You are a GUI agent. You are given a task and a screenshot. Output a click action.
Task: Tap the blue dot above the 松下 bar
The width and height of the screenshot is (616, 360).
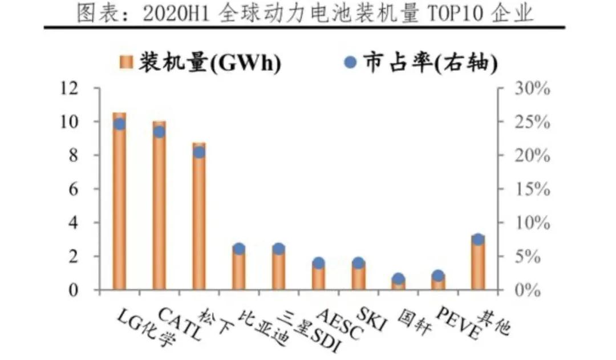coord(199,152)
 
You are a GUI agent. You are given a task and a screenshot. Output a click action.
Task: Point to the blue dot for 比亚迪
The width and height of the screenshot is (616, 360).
coord(239,249)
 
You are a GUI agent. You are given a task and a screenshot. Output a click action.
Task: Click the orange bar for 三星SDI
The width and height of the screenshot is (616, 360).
coord(279,271)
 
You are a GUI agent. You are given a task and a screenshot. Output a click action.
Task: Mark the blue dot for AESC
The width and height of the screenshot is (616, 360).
coord(318,263)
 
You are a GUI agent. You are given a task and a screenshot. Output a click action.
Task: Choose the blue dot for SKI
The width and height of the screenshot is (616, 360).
coord(358,263)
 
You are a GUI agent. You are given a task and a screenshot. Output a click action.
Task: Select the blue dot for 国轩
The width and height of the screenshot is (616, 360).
coord(398,279)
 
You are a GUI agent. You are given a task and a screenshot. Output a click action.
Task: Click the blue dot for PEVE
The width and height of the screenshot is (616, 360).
coord(438,276)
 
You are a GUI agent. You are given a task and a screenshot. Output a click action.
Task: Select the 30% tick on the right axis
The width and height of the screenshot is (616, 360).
coord(531,89)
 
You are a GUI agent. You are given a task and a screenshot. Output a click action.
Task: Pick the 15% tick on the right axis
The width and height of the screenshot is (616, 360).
coord(531,189)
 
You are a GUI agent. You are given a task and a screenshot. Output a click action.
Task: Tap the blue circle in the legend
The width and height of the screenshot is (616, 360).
coord(351,62)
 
